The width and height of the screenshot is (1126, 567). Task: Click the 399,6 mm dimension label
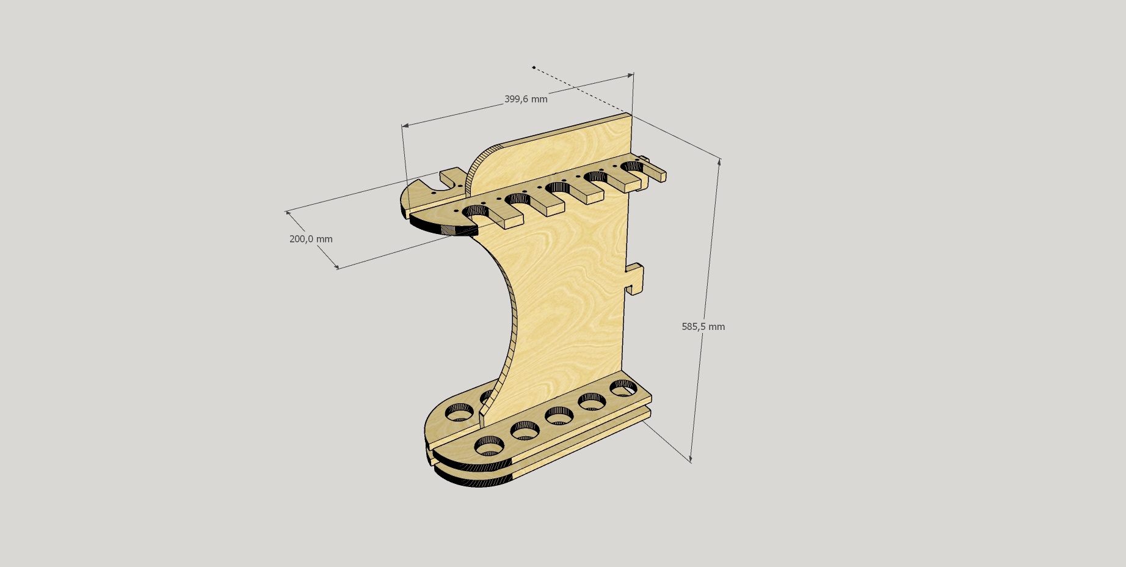[526, 99]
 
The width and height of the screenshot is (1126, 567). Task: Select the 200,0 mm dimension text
[311, 239]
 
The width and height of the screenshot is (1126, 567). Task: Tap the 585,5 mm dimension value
[703, 327]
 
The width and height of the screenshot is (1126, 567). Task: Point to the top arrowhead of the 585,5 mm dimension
[719, 162]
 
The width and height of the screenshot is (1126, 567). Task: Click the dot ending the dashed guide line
[534, 67]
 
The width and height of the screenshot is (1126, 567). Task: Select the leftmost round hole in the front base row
[490, 445]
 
